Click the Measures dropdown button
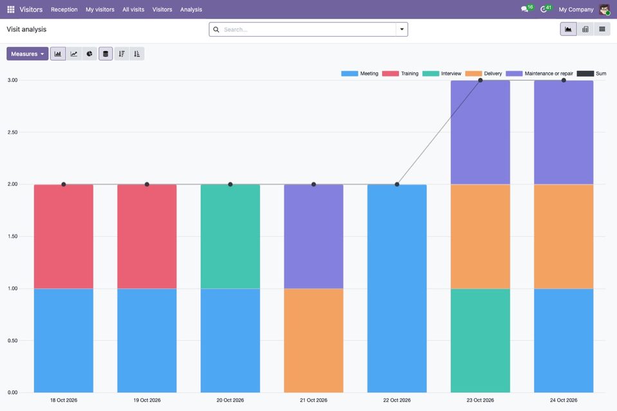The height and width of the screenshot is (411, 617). [x=28, y=54]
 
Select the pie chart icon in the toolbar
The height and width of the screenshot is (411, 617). [x=89, y=54]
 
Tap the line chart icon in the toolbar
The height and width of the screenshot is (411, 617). [x=74, y=54]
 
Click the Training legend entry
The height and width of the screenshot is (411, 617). [x=400, y=73]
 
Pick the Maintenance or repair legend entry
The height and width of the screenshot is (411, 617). [x=540, y=73]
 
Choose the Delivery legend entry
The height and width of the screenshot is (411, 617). [x=484, y=73]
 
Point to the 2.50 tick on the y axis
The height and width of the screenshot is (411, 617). [x=13, y=132]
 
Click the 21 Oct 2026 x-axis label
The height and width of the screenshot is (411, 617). [x=313, y=400]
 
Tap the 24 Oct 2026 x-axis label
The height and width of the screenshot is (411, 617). [x=564, y=400]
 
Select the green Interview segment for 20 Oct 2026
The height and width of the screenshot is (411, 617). [x=230, y=237]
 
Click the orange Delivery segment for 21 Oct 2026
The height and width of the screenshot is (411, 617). [x=313, y=341]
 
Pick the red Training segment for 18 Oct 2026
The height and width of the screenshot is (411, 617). [x=64, y=237]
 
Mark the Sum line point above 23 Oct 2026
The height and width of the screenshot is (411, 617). [x=481, y=80]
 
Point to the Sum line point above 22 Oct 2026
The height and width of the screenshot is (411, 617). [x=397, y=185]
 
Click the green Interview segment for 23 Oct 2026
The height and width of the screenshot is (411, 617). [x=481, y=341]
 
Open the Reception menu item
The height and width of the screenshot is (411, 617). [x=64, y=10]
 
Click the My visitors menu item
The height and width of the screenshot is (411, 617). [x=100, y=10]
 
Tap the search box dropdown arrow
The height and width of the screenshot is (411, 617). [x=401, y=29]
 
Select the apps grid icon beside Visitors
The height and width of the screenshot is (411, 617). [x=11, y=10]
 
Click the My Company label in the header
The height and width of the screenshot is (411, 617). [x=576, y=10]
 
